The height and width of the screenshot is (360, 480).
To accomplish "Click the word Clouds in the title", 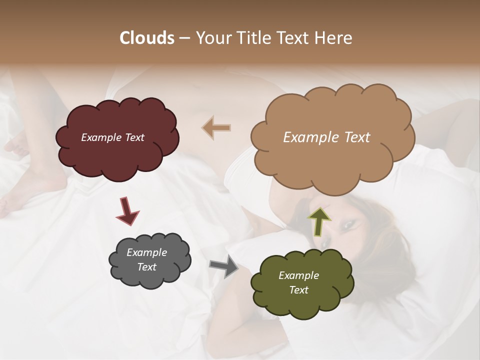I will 147,38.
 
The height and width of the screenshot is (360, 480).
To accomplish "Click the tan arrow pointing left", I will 216,127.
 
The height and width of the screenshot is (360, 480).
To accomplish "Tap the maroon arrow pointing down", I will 127,210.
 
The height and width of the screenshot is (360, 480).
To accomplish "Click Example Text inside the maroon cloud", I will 112,137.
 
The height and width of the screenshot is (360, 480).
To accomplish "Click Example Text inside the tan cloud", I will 326,137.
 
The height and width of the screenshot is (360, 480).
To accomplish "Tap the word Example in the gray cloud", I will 146,252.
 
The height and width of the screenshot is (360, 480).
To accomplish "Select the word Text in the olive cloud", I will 298,290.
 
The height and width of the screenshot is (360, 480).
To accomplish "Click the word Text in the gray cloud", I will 146,267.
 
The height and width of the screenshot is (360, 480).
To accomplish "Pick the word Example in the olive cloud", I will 298,275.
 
